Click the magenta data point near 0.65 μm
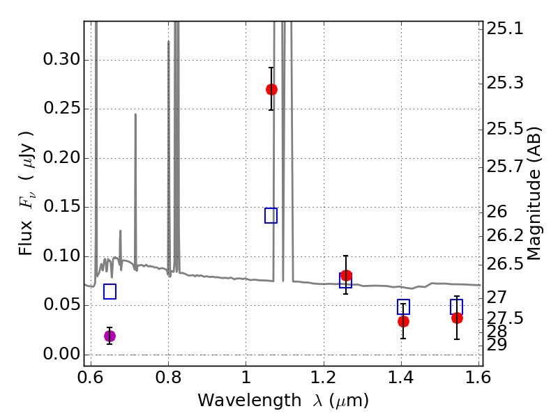(110, 336)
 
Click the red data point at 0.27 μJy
(271, 89)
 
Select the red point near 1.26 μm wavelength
(346, 275)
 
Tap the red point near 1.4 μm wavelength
(403, 321)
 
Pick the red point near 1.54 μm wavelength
(457, 318)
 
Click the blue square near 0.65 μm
(110, 292)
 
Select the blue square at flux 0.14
(271, 215)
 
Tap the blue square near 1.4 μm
(403, 307)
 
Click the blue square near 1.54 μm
(457, 307)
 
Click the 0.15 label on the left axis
(61, 207)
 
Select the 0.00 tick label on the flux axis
(61, 354)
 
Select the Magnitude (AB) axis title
(534, 193)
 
